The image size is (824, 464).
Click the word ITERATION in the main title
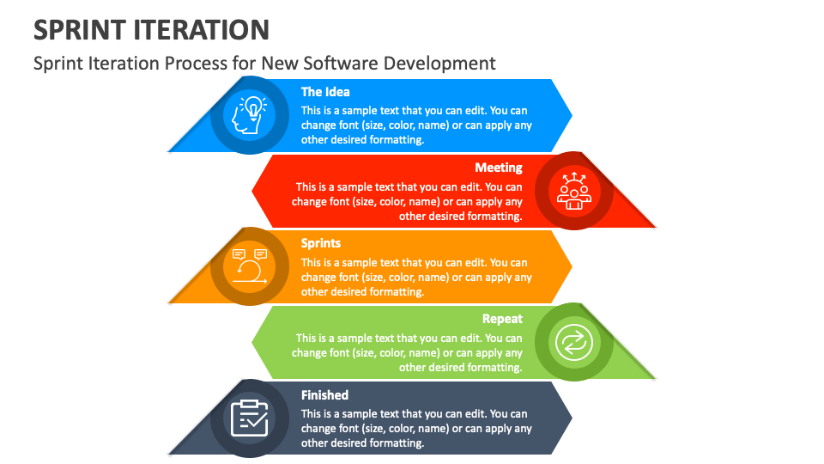click(201, 30)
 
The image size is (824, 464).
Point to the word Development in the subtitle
click(439, 64)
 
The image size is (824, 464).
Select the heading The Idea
click(325, 92)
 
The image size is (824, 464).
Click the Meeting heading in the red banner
click(499, 168)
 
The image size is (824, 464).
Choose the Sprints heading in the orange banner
click(320, 243)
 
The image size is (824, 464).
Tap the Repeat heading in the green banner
click(502, 320)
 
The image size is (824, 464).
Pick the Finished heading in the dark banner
click(324, 395)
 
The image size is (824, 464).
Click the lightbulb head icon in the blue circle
click(249, 115)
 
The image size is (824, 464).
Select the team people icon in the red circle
click(574, 191)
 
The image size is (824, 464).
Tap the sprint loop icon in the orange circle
click(250, 266)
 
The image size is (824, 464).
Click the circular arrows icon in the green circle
click(574, 343)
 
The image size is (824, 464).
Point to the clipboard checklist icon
click(250, 418)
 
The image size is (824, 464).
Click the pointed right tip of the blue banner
click(572, 115)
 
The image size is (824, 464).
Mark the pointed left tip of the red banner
click(252, 191)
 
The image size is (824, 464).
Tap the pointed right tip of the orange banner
click(572, 266)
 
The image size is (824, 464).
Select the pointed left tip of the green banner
click(252, 343)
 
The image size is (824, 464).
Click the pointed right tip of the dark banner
click(572, 418)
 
